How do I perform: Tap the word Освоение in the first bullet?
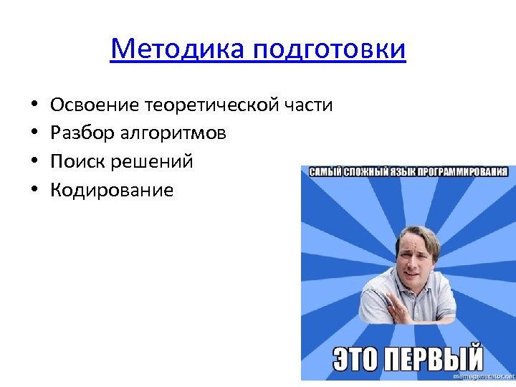coord(95,105)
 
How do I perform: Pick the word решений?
coord(152,162)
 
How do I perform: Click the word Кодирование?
coord(112,190)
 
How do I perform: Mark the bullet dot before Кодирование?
coord(34,191)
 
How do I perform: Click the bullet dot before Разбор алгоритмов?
coord(34,134)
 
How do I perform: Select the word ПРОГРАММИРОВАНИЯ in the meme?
coord(469,172)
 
